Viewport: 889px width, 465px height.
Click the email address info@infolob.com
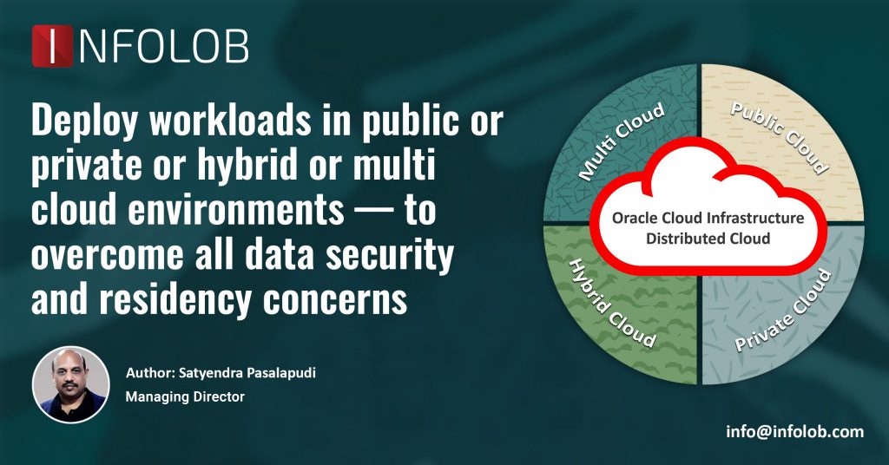[794, 431]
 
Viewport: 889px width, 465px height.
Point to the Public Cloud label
[779, 138]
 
